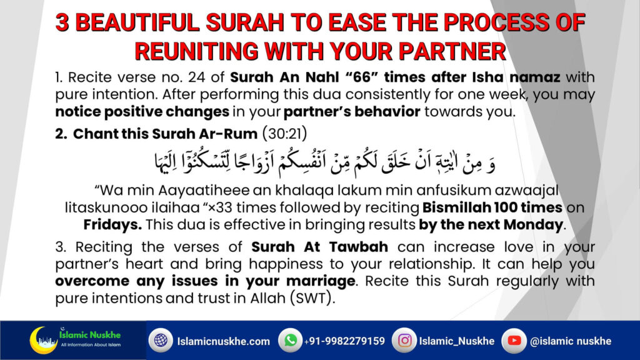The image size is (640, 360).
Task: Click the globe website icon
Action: (161, 340)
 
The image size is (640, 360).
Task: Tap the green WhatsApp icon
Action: (290, 340)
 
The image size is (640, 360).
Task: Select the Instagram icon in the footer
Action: (404, 340)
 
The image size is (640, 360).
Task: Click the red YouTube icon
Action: (514, 340)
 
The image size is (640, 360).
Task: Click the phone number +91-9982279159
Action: (344, 341)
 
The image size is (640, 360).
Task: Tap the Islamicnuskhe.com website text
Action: (223, 341)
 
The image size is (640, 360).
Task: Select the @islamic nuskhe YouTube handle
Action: (571, 341)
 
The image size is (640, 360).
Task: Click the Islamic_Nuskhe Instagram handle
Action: (457, 341)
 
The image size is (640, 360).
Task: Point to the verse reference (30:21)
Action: (284, 134)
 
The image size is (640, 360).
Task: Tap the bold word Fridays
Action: (112, 225)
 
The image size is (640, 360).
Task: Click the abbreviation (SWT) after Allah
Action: (312, 298)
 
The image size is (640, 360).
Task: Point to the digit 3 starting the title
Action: (62, 22)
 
